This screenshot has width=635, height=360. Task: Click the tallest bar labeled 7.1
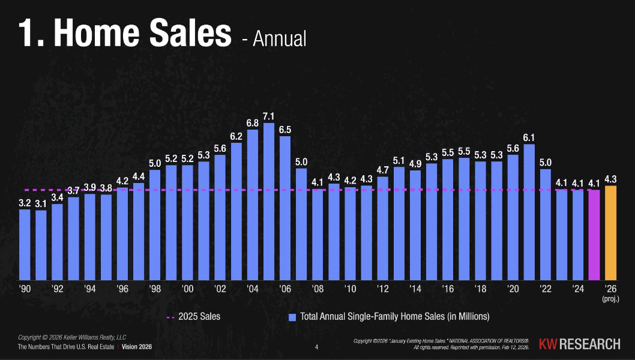point(269,201)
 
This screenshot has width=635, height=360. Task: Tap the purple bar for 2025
point(594,235)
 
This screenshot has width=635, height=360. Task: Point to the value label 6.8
point(253,123)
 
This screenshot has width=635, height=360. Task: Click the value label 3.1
point(41,204)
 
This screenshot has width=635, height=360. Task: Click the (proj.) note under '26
point(610,298)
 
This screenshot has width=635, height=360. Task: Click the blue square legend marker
point(292,317)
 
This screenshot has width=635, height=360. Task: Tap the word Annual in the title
point(279,39)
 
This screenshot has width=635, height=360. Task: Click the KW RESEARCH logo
point(579,344)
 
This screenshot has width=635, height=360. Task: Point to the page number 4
point(317,347)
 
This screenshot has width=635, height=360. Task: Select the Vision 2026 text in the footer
point(137,347)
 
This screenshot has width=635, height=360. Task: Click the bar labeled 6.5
point(285,208)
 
